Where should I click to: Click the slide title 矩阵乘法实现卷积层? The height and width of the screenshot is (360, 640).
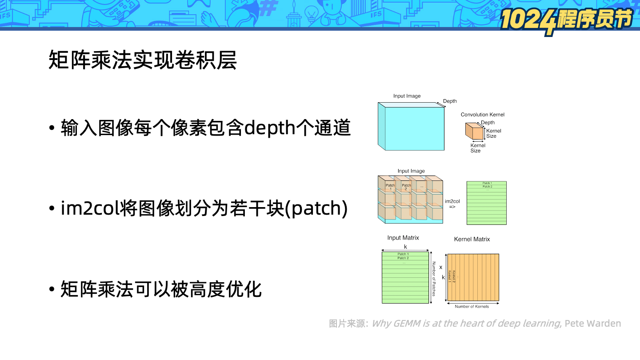(142, 60)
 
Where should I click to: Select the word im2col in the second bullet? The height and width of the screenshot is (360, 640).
(90, 208)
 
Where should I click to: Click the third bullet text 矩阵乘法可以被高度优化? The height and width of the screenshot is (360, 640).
(161, 289)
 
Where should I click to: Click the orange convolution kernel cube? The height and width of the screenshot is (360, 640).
(474, 132)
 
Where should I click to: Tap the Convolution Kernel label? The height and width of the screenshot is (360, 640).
(482, 115)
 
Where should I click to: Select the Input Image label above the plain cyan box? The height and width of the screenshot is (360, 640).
(407, 96)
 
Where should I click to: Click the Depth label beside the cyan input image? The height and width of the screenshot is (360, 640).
(450, 101)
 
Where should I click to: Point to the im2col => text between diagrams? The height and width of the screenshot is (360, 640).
(452, 204)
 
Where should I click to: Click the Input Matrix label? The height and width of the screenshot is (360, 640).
(403, 238)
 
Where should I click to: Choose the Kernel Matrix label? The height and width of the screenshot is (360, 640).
(472, 239)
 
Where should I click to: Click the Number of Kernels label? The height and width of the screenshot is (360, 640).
(472, 307)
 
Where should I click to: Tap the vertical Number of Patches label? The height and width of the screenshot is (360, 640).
(434, 279)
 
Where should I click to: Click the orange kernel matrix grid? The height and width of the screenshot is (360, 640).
(473, 277)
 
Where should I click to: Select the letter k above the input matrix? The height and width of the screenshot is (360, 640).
(405, 247)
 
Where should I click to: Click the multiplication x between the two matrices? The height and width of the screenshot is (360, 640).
(440, 268)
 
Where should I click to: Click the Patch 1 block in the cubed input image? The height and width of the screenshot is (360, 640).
(390, 187)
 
